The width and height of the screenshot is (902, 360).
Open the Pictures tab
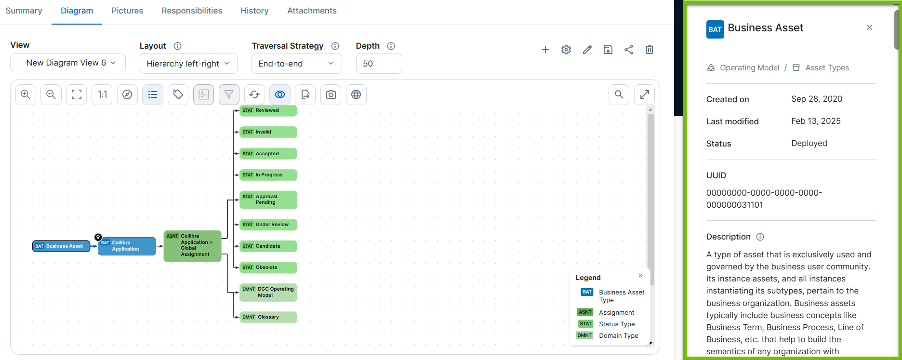click(127, 11)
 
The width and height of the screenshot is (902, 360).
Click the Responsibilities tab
click(192, 11)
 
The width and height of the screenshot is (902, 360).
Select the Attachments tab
click(312, 11)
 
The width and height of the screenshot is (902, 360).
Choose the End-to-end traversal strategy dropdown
click(296, 64)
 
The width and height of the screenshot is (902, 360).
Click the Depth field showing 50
click(379, 64)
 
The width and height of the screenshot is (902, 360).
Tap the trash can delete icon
click(650, 50)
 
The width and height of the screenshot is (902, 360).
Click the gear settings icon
click(566, 50)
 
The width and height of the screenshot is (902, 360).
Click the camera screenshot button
click(331, 95)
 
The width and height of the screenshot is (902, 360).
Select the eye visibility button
click(280, 95)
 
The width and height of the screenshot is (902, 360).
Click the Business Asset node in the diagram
click(61, 246)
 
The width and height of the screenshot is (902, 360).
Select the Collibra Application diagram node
click(127, 246)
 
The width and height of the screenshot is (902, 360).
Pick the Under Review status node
click(268, 225)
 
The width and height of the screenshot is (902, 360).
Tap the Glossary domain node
click(268, 317)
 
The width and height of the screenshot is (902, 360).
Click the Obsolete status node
click(268, 267)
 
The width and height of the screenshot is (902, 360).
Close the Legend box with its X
click(640, 276)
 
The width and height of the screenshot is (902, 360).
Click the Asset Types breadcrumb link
click(827, 68)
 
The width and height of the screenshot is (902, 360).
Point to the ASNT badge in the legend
click(585, 312)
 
